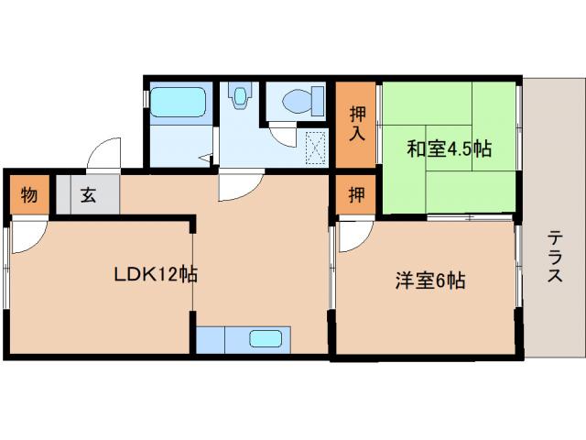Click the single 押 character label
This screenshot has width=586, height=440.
pyautogui.click(x=354, y=194)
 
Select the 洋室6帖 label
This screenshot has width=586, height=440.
pyautogui.click(x=430, y=281)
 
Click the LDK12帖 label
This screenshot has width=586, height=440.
pyautogui.click(x=157, y=274)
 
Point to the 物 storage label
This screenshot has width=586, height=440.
pyautogui.click(x=29, y=194)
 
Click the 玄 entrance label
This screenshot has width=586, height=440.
pyautogui.click(x=88, y=194)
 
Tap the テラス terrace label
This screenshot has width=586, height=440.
pyautogui.click(x=555, y=258)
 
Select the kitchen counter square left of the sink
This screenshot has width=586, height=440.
pyautogui.click(x=211, y=338)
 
